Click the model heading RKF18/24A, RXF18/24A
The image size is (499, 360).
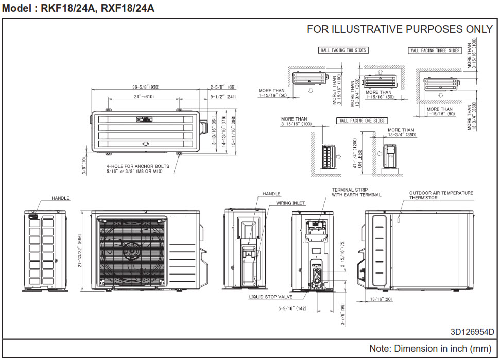(78, 8)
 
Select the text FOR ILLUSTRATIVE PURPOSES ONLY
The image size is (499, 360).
(400, 29)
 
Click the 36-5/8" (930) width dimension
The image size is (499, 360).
(145, 87)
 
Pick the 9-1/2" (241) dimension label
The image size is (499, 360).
(223, 97)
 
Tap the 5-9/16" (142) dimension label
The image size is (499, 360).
(292, 309)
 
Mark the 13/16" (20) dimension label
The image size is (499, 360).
(380, 299)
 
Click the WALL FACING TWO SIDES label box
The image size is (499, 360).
(343, 50)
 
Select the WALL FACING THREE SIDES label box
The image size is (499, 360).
(435, 50)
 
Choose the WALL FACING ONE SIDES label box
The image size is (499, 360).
(362, 121)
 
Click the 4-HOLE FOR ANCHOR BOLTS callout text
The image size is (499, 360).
(137, 169)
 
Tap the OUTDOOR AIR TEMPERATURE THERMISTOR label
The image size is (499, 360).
(441, 195)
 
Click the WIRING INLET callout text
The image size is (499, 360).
(290, 203)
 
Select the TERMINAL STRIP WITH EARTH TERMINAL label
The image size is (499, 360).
(356, 192)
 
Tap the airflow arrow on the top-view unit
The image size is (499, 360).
(146, 144)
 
